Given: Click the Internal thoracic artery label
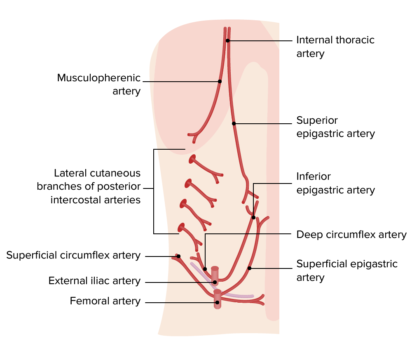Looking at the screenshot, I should point(335,47).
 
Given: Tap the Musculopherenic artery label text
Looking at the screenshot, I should point(99,84).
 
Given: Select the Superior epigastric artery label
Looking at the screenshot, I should point(335,127).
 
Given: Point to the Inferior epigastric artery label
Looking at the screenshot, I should point(335,183).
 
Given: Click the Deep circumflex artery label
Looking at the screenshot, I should point(351,235).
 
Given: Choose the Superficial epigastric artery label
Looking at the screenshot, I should point(347,271).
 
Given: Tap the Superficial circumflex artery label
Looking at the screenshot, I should point(73,256).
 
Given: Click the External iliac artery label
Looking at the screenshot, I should point(94,281).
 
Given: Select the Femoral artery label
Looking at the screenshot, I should point(105,301).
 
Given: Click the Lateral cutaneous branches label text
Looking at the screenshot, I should point(89,186).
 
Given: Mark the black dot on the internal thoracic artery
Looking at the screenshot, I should point(227,40).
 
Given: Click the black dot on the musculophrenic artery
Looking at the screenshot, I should point(220,81).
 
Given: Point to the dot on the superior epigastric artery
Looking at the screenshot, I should point(234,123).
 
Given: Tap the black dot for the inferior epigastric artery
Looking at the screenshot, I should point(254,217).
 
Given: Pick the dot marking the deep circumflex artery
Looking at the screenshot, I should point(205,269).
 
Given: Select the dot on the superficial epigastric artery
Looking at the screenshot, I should point(249,268).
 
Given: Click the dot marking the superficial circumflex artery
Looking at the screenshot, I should point(179,256).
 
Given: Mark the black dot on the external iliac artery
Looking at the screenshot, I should point(215,282).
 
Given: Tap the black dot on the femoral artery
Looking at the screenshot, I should point(217,302).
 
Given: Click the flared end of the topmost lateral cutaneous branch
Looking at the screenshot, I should point(192,159).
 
